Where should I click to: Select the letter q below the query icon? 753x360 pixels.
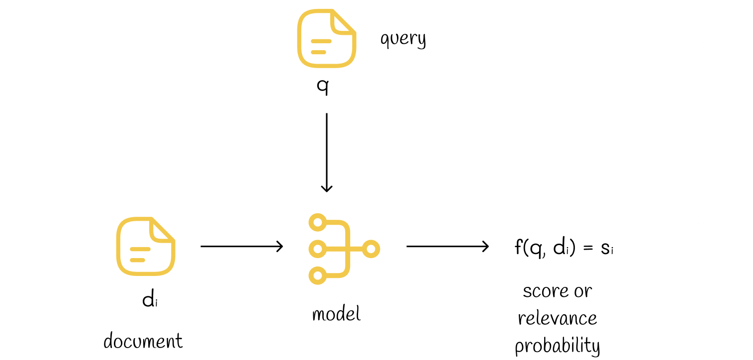tap(323, 87)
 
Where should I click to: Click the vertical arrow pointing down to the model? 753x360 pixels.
tap(327, 153)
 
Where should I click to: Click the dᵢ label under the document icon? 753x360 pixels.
tap(150, 298)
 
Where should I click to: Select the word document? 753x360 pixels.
tap(143, 341)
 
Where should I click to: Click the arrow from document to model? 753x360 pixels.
tap(242, 247)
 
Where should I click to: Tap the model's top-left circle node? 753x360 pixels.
tap(318, 222)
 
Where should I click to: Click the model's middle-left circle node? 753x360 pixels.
tap(318, 249)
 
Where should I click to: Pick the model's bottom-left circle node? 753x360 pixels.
tap(318, 275)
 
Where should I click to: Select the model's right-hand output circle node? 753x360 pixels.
tap(371, 249)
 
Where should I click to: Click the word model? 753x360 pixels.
tap(336, 314)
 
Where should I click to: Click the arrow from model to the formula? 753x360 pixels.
tap(448, 247)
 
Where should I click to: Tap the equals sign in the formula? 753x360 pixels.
tap(588, 249)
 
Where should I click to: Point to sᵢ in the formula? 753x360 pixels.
tap(607, 249)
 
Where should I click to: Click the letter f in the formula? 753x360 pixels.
tap(518, 247)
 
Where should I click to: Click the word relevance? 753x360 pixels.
tap(558, 318)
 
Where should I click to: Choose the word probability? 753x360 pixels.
tap(558, 346)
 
